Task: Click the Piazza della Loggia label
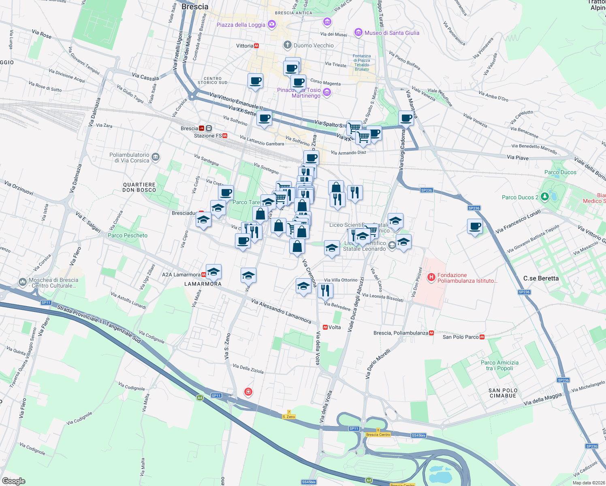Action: coord(241,25)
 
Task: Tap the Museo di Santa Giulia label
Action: coord(392,33)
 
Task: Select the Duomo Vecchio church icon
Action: coord(287,45)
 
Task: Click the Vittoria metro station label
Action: coord(245,46)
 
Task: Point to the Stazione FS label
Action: coord(208,136)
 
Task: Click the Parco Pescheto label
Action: coord(128,235)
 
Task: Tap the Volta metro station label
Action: coord(335,327)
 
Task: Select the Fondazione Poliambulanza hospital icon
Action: coord(431,277)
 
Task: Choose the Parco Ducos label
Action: coord(560,172)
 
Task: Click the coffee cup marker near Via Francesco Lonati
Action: coord(475,226)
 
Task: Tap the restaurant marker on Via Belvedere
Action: coord(325,290)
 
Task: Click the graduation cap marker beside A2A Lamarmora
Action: coord(213,272)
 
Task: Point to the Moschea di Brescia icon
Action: coord(23,281)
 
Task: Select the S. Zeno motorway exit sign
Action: coord(289,417)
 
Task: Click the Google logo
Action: coord(13,481)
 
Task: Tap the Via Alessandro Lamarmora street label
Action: coord(281,311)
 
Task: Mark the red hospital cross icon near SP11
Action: coord(248,392)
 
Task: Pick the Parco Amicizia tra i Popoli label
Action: coord(499,365)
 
